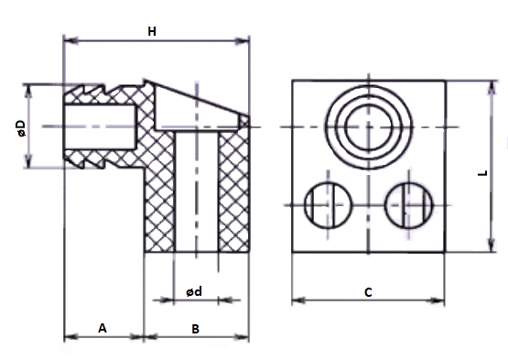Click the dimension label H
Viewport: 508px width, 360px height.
[x=152, y=31]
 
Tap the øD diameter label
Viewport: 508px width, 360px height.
[x=21, y=128]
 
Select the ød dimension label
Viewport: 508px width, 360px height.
[x=194, y=291]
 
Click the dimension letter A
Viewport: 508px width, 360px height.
[x=103, y=328]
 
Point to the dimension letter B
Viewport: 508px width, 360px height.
[x=195, y=329]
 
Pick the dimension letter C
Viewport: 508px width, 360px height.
[x=368, y=292]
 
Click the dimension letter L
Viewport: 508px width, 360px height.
[x=483, y=173]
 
